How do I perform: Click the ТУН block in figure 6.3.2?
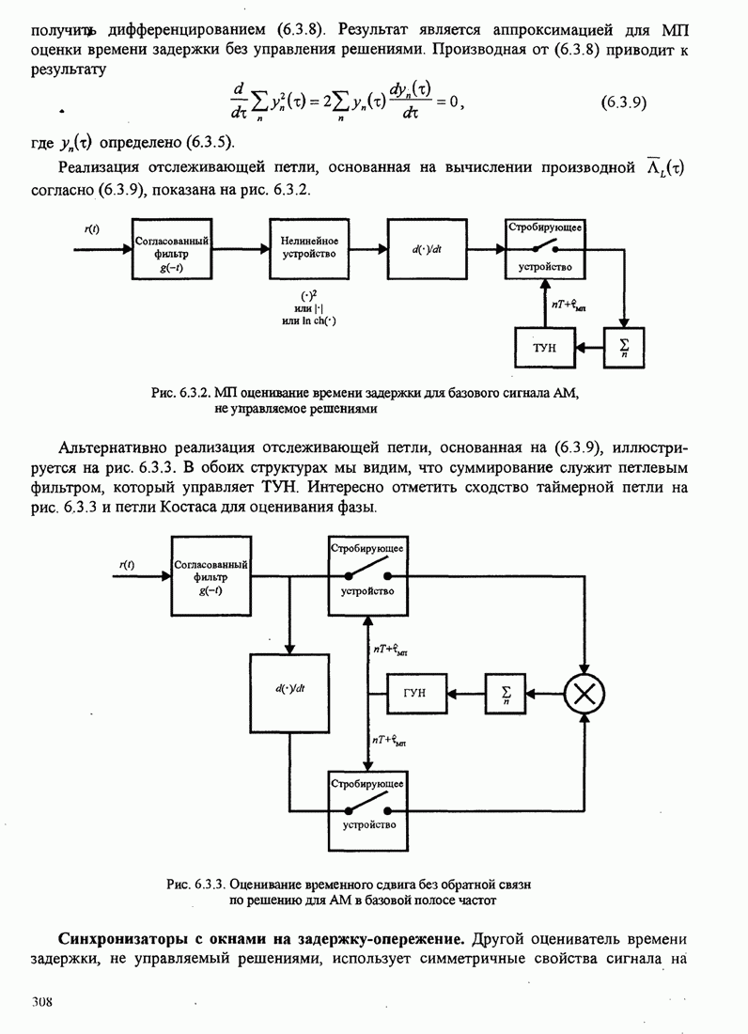click(545, 348)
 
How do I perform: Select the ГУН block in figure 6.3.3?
click(419, 693)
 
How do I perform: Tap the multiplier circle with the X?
click(584, 694)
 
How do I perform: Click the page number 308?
click(40, 1002)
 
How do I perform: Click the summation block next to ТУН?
click(623, 348)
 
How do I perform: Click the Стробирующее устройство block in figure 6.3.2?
click(544, 249)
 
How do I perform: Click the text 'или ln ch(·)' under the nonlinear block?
click(308, 321)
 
